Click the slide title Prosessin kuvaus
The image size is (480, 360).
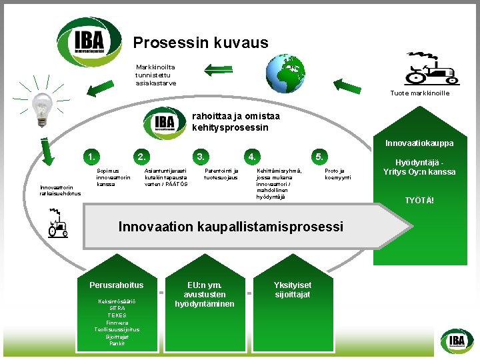click(x=201, y=43)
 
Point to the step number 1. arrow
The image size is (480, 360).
click(x=91, y=157)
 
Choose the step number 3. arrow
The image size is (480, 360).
click(x=201, y=157)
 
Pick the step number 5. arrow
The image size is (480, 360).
click(x=321, y=157)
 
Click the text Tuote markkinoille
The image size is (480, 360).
click(x=419, y=93)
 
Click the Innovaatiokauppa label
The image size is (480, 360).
click(x=419, y=143)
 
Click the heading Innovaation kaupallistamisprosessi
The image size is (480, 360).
click(x=231, y=227)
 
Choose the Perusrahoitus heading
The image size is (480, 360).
click(x=117, y=285)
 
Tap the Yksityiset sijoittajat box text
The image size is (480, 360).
click(x=292, y=290)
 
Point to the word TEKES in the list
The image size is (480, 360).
click(x=117, y=315)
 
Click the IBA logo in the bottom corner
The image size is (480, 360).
click(x=457, y=341)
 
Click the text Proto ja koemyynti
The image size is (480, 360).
click(x=334, y=174)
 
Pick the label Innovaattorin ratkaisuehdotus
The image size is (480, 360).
click(x=60, y=191)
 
